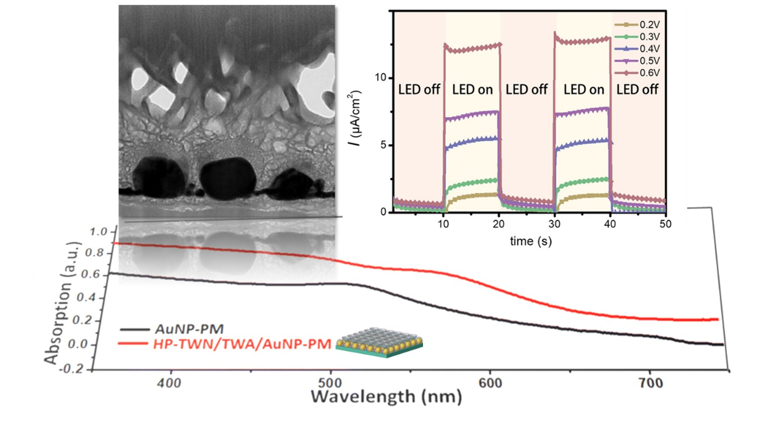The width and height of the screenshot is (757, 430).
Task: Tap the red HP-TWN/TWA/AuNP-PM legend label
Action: [x=242, y=344]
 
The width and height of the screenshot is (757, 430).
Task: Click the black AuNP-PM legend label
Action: [x=189, y=329]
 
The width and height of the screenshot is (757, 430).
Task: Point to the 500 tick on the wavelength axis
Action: [x=330, y=383]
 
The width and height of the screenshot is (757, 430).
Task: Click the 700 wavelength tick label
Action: [x=649, y=383]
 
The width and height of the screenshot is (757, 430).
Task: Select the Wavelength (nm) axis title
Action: [x=386, y=397]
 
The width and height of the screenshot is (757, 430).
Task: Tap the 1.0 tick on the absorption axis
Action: [x=99, y=232]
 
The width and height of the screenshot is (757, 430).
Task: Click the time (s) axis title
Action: [x=531, y=241]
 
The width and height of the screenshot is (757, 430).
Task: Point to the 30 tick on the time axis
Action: [x=554, y=224]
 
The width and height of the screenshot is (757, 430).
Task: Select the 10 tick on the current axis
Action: [x=380, y=78]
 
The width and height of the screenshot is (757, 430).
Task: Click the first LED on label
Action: [x=472, y=90]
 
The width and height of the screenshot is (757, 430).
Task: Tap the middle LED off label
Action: [x=526, y=90]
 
